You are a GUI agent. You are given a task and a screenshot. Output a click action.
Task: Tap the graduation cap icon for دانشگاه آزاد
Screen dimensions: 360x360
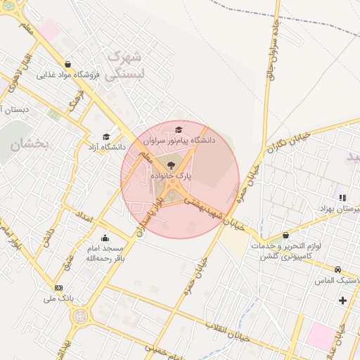[x=106, y=137]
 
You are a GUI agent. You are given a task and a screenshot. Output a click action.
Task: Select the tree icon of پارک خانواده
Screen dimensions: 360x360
[x=171, y=163]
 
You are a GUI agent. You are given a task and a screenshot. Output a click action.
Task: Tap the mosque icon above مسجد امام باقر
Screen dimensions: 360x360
[x=105, y=238]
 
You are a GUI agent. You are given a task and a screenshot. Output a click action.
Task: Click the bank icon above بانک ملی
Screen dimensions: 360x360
[x=58, y=288]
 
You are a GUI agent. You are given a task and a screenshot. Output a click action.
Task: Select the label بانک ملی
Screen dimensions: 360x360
[x=58, y=299]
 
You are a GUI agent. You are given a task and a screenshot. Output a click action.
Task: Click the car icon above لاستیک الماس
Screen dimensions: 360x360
[x=338, y=269]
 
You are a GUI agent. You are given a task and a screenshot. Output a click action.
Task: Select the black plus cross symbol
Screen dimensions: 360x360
[x=342, y=301]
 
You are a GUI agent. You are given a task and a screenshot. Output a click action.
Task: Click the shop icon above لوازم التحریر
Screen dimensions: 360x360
[x=285, y=236]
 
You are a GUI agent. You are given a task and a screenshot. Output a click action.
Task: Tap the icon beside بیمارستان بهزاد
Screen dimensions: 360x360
[x=342, y=198]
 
